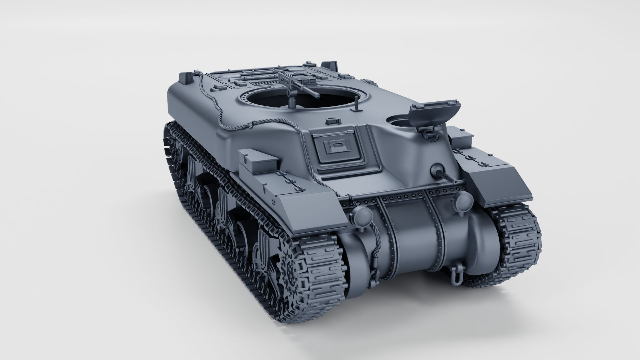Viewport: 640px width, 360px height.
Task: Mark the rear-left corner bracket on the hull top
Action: pyautogui.click(x=186, y=77)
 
